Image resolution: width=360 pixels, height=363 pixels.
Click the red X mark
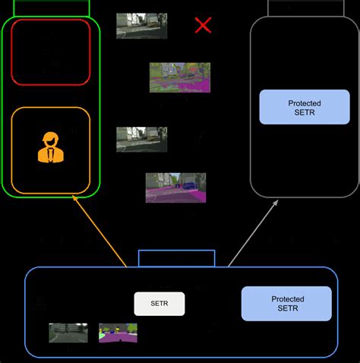tap(203, 25)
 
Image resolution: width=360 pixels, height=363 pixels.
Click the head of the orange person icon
tap(49, 139)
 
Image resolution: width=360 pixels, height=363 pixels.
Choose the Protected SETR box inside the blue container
tap(286, 304)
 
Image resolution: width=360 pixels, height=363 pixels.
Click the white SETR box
tap(159, 304)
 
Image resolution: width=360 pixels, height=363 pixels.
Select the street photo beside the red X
tap(141, 25)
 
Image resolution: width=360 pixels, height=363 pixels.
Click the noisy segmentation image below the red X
tap(179, 77)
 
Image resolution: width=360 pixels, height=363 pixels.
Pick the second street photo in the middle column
tap(141, 139)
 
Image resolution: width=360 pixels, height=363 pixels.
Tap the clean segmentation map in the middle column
tap(175, 188)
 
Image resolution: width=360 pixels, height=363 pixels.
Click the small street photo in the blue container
tap(68, 333)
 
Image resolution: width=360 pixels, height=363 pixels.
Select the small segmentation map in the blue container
tap(118, 333)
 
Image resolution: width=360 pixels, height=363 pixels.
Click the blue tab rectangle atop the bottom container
tap(177, 259)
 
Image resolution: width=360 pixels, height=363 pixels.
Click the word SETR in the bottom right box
tap(286, 309)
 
